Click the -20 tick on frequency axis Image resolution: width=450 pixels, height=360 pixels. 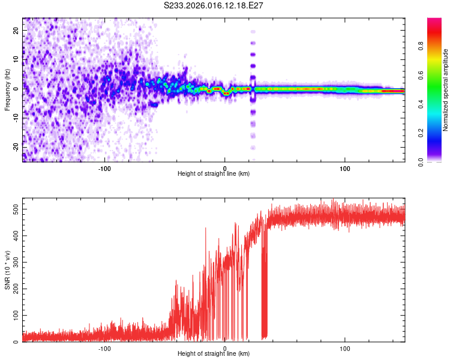coord(15,146)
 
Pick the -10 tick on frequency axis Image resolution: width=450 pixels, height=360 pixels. coord(15,117)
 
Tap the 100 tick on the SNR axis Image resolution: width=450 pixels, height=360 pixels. coord(13,315)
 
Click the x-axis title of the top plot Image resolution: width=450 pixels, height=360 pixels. coord(214,173)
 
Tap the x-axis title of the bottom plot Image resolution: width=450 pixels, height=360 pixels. coord(214,353)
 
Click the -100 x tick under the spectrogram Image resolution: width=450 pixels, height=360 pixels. coord(105,168)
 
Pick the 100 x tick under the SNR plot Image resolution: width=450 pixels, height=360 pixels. coord(345,348)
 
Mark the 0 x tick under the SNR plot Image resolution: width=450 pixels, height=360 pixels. coord(225,348)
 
